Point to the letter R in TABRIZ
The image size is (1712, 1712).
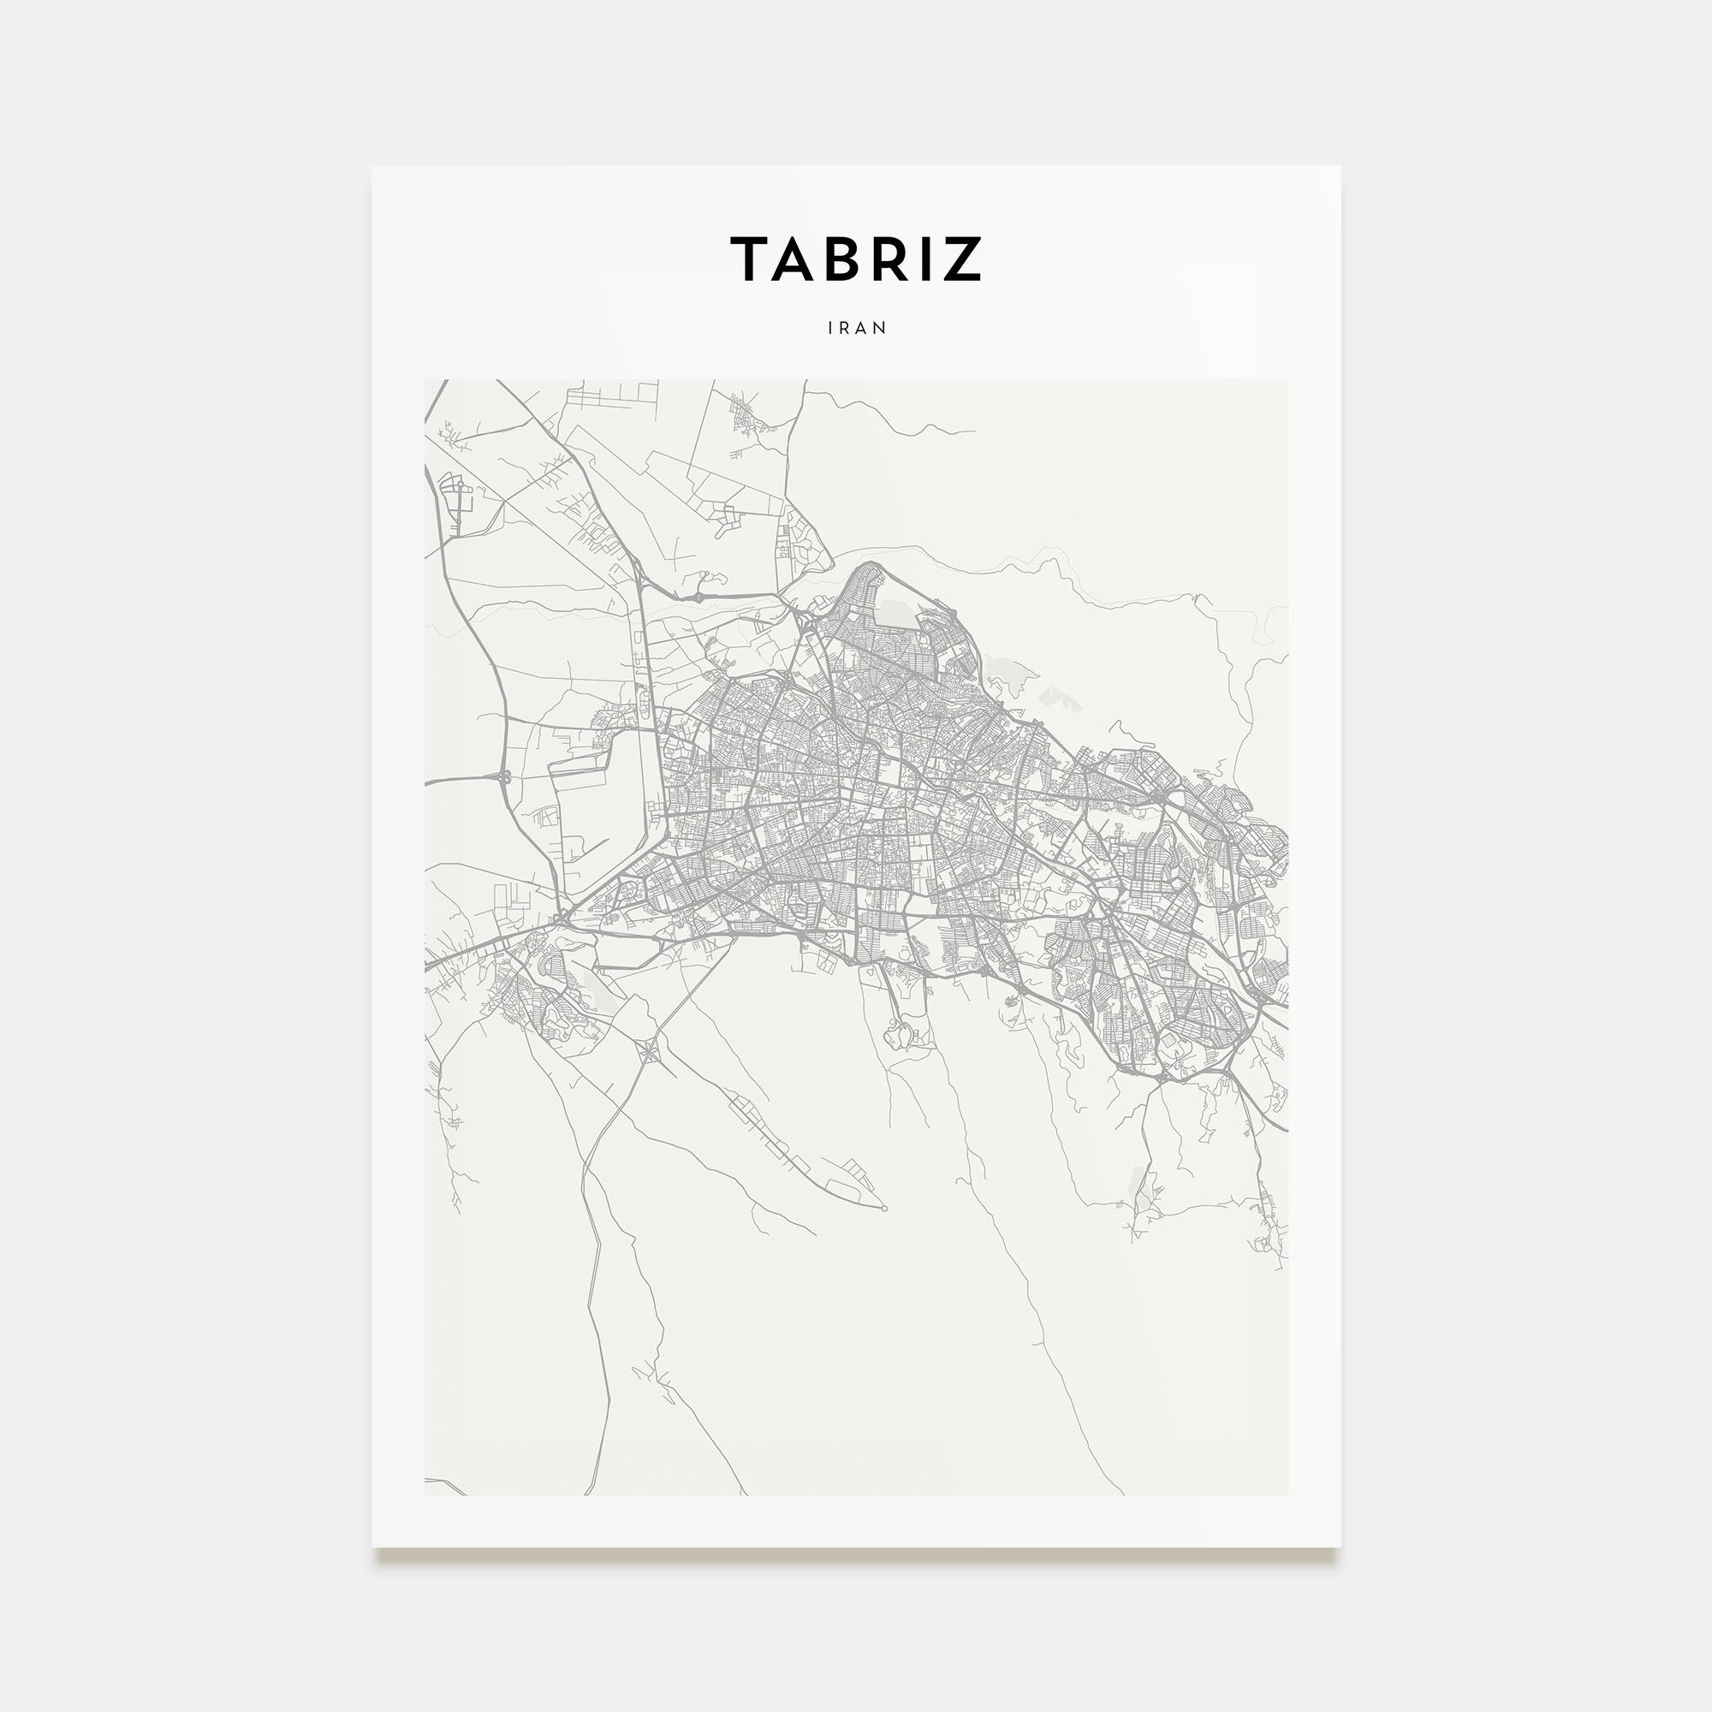(x=889, y=259)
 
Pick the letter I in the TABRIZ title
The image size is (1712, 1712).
(x=924, y=259)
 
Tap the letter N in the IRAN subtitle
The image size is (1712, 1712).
(x=880, y=328)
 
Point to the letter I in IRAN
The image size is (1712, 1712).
(x=830, y=328)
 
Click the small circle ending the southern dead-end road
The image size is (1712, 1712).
(x=883, y=1208)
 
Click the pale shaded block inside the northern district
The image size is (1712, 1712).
(x=893, y=611)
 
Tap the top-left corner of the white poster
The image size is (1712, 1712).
(x=372, y=167)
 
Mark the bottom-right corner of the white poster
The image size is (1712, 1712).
(x=1340, y=1547)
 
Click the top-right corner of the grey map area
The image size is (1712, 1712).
(x=1287, y=380)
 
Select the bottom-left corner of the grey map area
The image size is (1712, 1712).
(x=425, y=1495)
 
